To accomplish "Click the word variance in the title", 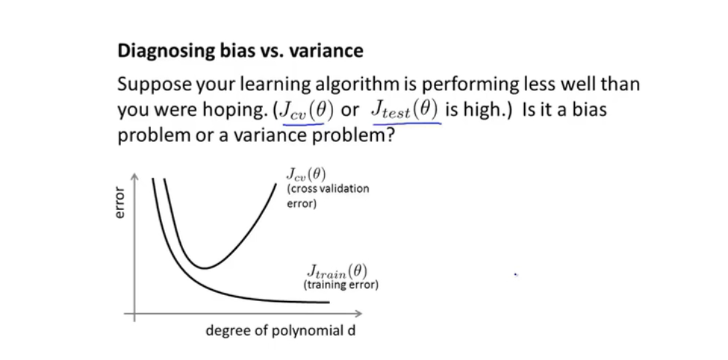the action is click(326, 51).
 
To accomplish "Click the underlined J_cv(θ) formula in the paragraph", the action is click(305, 111).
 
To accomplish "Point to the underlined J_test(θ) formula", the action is click(405, 111).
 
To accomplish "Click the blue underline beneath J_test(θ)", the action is click(407, 123).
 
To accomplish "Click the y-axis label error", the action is click(119, 202).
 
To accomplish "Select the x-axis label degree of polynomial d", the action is click(281, 331).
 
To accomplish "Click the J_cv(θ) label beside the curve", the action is click(306, 175).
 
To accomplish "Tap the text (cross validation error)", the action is click(328, 196).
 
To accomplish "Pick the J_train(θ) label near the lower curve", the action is click(337, 271).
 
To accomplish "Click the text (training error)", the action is click(340, 285).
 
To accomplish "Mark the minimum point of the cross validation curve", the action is click(205, 268).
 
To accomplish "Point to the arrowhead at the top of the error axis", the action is click(134, 178).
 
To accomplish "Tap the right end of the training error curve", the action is click(329, 302).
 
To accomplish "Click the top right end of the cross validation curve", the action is click(275, 184).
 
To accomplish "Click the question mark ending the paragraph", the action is click(388, 136).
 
